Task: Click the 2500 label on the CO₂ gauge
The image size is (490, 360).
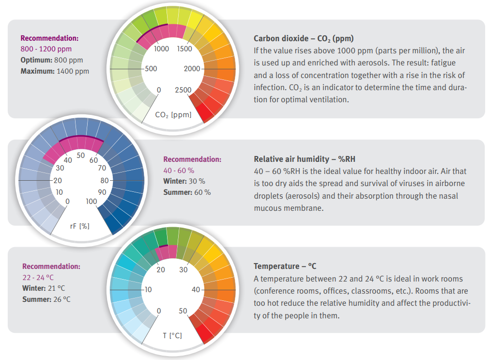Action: (x=183, y=90)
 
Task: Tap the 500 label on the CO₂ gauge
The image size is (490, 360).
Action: (x=150, y=69)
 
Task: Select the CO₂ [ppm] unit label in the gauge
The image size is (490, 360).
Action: (x=173, y=115)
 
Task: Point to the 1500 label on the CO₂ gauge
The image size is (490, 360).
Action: (x=184, y=48)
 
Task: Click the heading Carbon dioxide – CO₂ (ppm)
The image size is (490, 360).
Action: (x=304, y=38)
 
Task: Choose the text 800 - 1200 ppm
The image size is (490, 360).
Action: (x=45, y=49)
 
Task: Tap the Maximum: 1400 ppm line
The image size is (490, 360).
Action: (x=55, y=71)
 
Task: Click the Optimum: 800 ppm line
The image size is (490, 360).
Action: (x=52, y=60)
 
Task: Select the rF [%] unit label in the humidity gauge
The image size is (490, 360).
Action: (x=80, y=226)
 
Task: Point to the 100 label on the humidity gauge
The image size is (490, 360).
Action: (x=91, y=202)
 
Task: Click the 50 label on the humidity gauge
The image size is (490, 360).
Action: (x=81, y=156)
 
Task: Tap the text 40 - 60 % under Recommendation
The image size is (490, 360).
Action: (x=179, y=170)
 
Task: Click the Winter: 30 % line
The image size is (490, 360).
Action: (x=184, y=181)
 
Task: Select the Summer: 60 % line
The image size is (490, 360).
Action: (x=187, y=192)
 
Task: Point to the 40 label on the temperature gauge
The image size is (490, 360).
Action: (x=196, y=290)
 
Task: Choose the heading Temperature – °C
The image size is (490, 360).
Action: (x=285, y=266)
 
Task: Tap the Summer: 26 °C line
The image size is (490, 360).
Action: (x=46, y=299)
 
